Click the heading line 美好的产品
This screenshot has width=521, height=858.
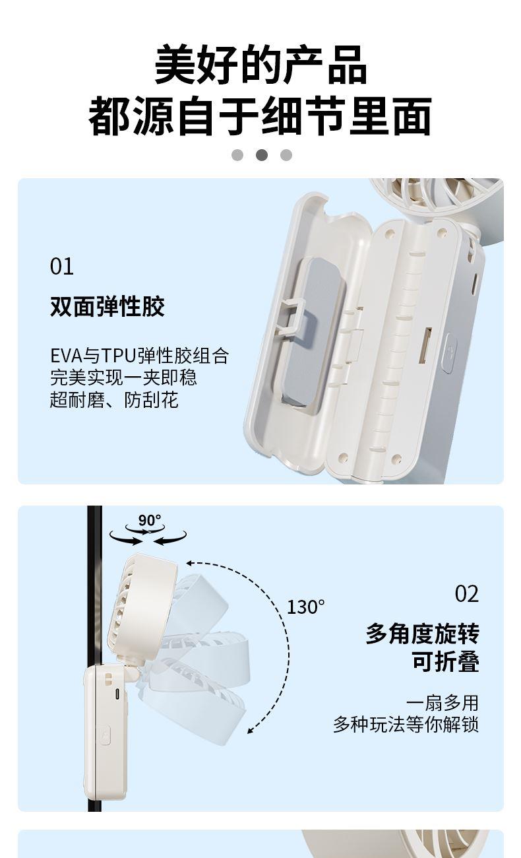pyautogui.click(x=260, y=65)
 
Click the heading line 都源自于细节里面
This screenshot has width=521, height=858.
pyautogui.click(x=260, y=115)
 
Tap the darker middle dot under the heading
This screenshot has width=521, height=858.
pyautogui.click(x=262, y=155)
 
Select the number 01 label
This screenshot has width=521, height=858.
pyautogui.click(x=61, y=267)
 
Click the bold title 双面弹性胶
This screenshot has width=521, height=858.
pyautogui.click(x=107, y=306)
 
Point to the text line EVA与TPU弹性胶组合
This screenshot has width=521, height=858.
pyautogui.click(x=139, y=356)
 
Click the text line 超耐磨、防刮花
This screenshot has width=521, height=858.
pyautogui.click(x=114, y=400)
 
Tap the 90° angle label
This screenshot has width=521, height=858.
pyautogui.click(x=150, y=520)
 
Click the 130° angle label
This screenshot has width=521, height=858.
pyautogui.click(x=306, y=607)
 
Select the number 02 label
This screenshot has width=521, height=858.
pyautogui.click(x=467, y=594)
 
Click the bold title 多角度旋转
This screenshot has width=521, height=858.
pyautogui.click(x=422, y=634)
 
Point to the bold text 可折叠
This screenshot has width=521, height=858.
pyautogui.click(x=446, y=661)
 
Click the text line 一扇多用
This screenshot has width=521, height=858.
pyautogui.click(x=443, y=703)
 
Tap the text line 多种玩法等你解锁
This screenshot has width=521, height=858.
pyautogui.click(x=406, y=724)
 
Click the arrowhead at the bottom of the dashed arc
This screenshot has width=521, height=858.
pyautogui.click(x=251, y=731)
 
